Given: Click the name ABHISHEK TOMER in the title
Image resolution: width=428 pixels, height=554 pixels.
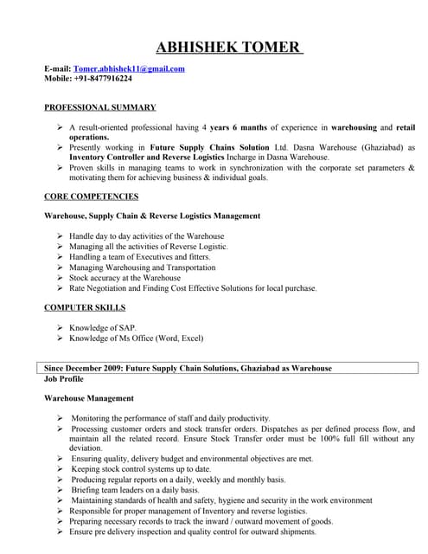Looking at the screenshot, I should pyautogui.click(x=229, y=47).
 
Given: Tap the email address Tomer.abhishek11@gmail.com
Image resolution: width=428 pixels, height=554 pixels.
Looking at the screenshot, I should pyautogui.click(x=129, y=68).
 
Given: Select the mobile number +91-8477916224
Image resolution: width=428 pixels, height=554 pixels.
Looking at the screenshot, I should pyautogui.click(x=105, y=78).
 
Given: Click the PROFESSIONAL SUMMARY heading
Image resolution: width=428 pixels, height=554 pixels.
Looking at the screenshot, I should pyautogui.click(x=99, y=107).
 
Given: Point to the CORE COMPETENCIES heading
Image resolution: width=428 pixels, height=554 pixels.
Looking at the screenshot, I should pyautogui.click(x=91, y=196).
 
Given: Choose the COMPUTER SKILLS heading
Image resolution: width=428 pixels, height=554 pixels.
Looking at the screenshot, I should pyautogui.click(x=85, y=307).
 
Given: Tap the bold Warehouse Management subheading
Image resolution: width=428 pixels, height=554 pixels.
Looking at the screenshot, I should pyautogui.click(x=89, y=398).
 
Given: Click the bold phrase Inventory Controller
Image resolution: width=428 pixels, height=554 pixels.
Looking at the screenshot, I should pyautogui.click(x=108, y=158).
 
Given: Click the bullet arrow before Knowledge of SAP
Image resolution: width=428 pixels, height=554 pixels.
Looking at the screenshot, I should pyautogui.click(x=60, y=327).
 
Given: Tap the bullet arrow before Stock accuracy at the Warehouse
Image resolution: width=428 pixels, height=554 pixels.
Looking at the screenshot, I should pyautogui.click(x=60, y=278).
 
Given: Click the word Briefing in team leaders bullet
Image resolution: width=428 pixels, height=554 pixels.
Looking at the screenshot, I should pyautogui.click(x=89, y=490).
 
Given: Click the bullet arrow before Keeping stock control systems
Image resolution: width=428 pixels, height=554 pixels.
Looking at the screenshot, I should pyautogui.click(x=60, y=469).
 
